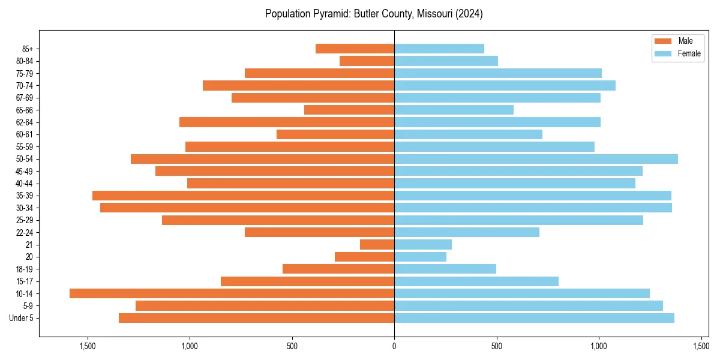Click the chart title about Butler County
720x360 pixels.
point(374,14)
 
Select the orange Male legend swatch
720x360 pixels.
point(663,41)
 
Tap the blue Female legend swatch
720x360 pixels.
point(663,53)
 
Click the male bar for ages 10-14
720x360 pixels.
point(232,293)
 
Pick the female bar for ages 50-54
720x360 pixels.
point(536,159)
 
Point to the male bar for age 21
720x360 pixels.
point(377,245)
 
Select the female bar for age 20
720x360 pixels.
point(420,257)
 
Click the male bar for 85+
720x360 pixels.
point(355,49)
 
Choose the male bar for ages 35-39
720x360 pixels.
point(243,196)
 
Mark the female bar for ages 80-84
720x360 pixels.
point(446,61)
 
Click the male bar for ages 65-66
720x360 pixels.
point(349,110)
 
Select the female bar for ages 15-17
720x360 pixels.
point(476,281)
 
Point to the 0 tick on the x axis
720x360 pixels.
point(394,346)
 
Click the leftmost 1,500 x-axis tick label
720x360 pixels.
point(88,346)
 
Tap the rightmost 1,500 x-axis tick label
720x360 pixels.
point(701,346)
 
